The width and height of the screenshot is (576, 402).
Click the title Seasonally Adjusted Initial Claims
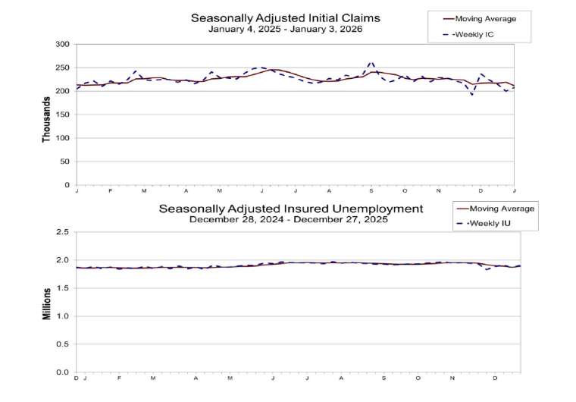coord(285,17)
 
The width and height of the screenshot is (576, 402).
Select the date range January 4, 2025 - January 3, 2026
coord(285,30)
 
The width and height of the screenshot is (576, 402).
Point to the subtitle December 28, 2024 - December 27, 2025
coord(288,220)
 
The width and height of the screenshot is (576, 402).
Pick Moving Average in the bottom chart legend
coord(501,209)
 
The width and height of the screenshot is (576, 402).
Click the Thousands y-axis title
coord(46,115)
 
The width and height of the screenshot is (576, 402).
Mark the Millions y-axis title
coord(46,303)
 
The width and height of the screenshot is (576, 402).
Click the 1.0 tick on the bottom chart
coord(63,316)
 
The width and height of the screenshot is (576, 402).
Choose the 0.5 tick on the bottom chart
coord(63,344)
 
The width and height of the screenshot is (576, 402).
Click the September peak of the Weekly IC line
coord(371,63)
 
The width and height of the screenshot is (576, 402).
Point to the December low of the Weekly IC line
coord(472,95)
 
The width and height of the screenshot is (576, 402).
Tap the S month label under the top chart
coord(371,190)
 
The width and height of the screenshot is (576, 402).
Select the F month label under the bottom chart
coord(119,378)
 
